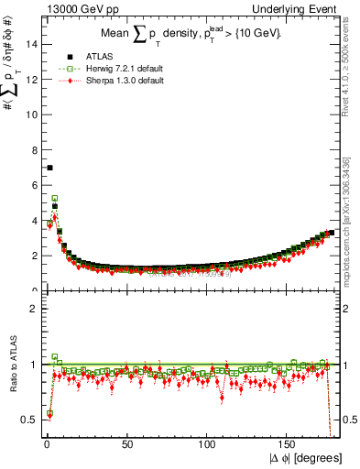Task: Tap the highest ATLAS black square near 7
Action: point(49,168)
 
